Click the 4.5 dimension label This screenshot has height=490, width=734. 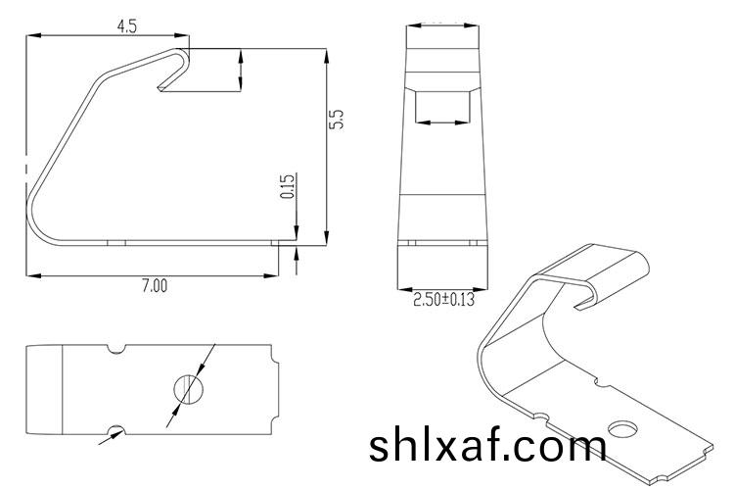(x=126, y=26)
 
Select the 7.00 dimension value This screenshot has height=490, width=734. (x=155, y=286)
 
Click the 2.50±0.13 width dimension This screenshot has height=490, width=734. (x=442, y=300)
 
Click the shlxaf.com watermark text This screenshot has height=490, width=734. (x=487, y=446)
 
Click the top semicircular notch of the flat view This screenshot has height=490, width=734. (x=116, y=348)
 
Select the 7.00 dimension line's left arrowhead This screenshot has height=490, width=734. (x=32, y=276)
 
